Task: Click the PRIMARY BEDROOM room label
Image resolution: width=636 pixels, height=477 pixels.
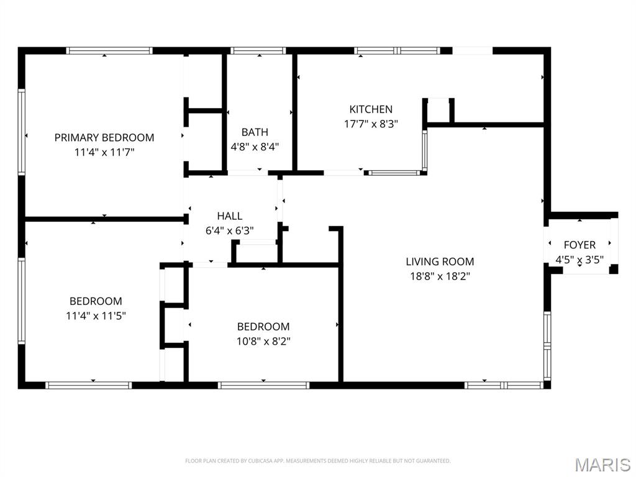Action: pyautogui.click(x=104, y=137)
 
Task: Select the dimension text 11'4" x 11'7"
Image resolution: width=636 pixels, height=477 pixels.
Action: pyautogui.click(x=104, y=151)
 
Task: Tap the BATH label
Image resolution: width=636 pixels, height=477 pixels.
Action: pyautogui.click(x=255, y=132)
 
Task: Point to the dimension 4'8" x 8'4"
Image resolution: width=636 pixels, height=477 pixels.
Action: pyautogui.click(x=255, y=146)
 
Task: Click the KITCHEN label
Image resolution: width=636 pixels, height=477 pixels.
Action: pyautogui.click(x=371, y=109)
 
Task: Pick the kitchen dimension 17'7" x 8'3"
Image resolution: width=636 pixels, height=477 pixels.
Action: pyautogui.click(x=371, y=124)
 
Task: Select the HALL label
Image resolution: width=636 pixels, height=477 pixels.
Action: pyautogui.click(x=229, y=216)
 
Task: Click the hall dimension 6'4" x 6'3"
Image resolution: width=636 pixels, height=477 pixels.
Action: pyautogui.click(x=229, y=230)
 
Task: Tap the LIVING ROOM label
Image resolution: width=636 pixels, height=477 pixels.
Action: pyautogui.click(x=440, y=261)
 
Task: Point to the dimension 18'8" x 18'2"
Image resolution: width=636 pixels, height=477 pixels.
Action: pyautogui.click(x=440, y=276)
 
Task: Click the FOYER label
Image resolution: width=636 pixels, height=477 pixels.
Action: pyautogui.click(x=579, y=245)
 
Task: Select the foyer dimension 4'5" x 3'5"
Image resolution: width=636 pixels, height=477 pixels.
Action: pyautogui.click(x=579, y=259)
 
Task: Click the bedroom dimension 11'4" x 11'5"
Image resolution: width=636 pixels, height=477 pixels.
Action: pyautogui.click(x=96, y=316)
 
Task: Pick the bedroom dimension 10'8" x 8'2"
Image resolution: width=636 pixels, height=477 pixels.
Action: pyautogui.click(x=263, y=341)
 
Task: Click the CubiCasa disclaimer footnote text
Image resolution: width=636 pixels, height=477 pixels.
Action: pyautogui.click(x=317, y=461)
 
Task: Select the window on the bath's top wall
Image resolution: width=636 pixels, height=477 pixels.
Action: pyautogui.click(x=258, y=51)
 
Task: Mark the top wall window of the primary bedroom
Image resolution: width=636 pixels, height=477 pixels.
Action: pyautogui.click(x=109, y=51)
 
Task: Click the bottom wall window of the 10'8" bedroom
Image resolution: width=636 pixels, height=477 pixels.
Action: pyautogui.click(x=264, y=385)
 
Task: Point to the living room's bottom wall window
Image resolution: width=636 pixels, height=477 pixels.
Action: pyautogui.click(x=504, y=385)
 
